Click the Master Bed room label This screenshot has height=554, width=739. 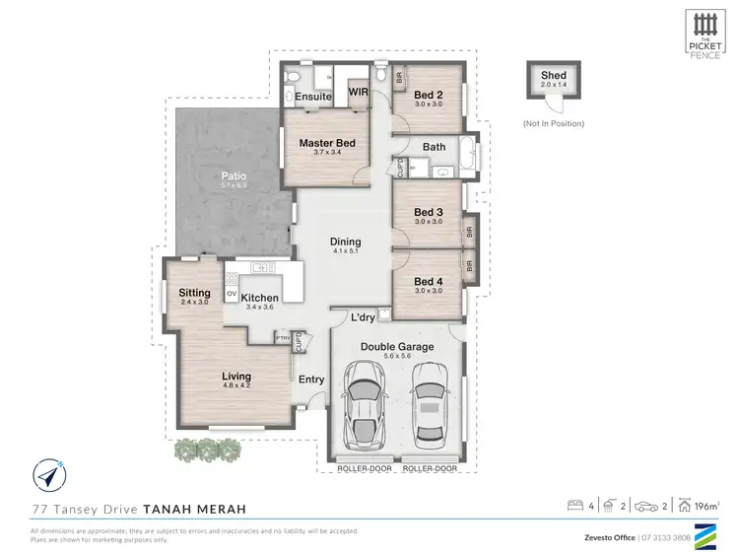pyautogui.click(x=326, y=143)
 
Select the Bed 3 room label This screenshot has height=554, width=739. pyautogui.click(x=428, y=212)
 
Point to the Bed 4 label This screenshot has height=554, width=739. pyautogui.click(x=428, y=281)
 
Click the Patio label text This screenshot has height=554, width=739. pyautogui.click(x=233, y=175)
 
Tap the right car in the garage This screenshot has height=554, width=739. pyautogui.click(x=429, y=404)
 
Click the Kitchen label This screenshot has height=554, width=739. pyautogui.click(x=260, y=298)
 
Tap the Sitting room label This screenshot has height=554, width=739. pyautogui.click(x=194, y=293)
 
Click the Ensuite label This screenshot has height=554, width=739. pyautogui.click(x=312, y=97)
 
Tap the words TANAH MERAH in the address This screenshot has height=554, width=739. pyautogui.click(x=194, y=509)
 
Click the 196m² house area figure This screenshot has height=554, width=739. pyautogui.click(x=705, y=506)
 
